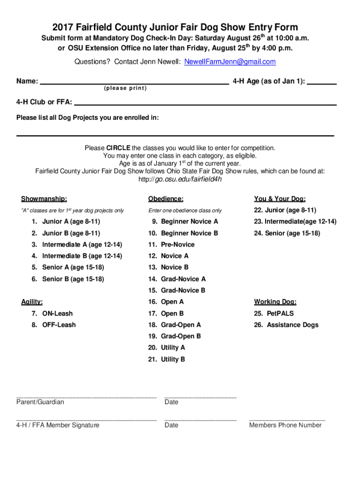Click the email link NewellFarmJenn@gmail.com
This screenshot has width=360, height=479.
click(x=230, y=62)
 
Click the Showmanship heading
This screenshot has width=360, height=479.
click(x=43, y=199)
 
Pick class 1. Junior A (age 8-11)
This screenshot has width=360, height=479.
click(x=66, y=221)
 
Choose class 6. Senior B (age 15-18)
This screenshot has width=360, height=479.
click(x=68, y=279)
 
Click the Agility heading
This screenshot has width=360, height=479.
click(x=32, y=302)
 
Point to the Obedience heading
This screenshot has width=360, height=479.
click(x=166, y=199)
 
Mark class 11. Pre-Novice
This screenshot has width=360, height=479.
click(x=171, y=244)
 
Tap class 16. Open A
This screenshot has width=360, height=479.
click(x=166, y=302)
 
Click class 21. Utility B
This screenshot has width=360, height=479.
click(x=166, y=359)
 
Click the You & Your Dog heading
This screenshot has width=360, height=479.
click(x=280, y=199)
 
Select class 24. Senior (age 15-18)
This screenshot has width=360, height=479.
click(x=287, y=233)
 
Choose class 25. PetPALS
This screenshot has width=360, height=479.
click(x=274, y=313)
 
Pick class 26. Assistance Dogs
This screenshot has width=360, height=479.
click(x=286, y=325)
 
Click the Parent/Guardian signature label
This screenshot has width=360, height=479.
click(x=40, y=402)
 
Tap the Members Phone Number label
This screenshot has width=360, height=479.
click(x=285, y=425)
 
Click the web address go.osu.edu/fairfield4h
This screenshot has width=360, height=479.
click(x=180, y=179)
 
